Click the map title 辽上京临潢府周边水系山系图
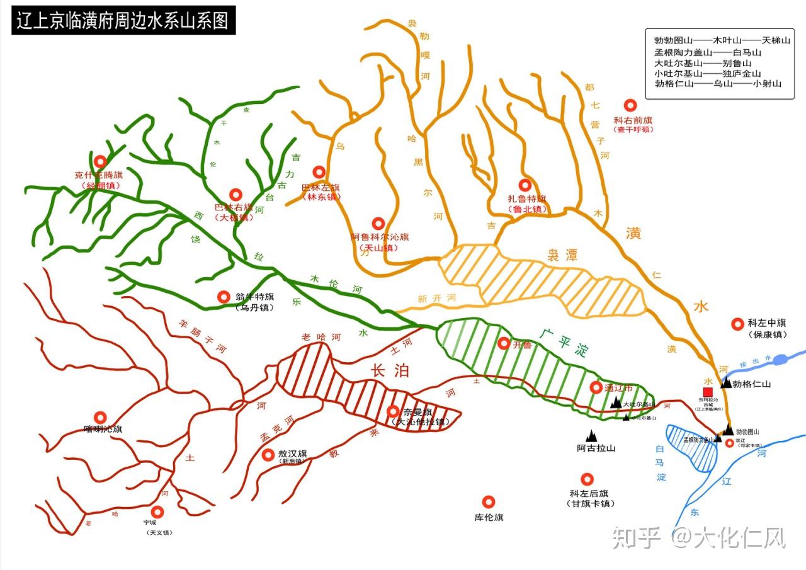pos(123,20)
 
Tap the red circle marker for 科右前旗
pos(628,105)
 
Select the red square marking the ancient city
pos(708,391)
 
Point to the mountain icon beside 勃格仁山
pos(726,382)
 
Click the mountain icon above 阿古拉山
pos(591,435)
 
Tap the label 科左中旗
pos(767,323)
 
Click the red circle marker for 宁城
pos(157,511)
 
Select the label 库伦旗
pos(489,518)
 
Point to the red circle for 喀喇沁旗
pos(99,417)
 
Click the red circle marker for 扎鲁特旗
pos(525,185)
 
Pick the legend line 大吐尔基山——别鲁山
pos(703,63)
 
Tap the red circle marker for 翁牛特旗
pos(223,296)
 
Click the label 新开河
pos(436,299)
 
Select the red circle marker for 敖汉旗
pos(268,454)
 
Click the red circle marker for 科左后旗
pos(587,479)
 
